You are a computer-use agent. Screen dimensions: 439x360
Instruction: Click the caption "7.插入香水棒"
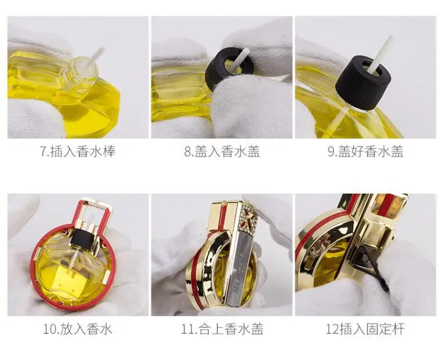(78, 151)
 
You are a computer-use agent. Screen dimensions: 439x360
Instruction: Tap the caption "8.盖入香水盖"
(222, 151)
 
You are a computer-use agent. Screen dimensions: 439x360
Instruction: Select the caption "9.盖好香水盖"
(366, 151)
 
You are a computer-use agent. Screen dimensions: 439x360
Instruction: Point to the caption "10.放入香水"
(78, 329)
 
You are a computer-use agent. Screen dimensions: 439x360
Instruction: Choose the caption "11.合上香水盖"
(222, 329)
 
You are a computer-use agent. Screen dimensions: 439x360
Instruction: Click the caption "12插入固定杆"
(365, 329)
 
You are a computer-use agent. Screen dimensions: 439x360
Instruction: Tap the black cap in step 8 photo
(228, 68)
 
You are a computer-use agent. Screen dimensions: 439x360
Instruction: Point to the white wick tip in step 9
(390, 38)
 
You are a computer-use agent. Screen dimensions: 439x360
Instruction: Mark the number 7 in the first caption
(43, 152)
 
